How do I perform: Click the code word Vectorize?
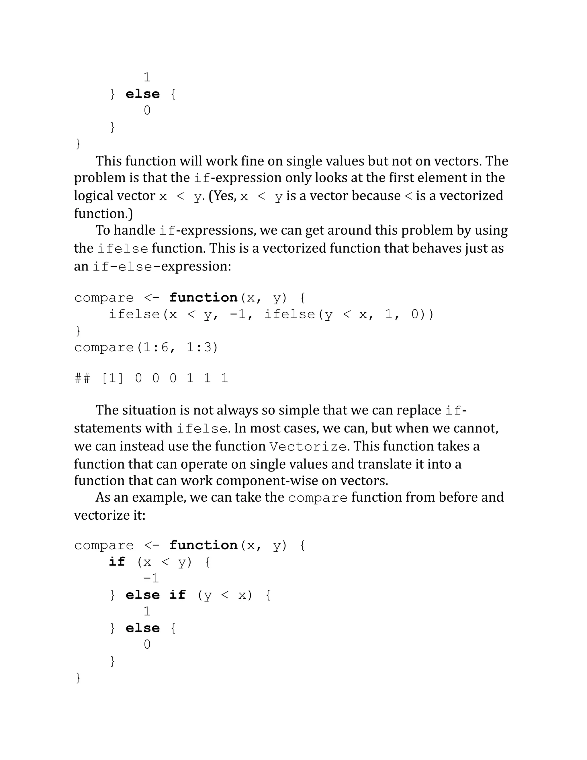(308, 447)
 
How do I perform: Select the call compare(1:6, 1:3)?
(146, 347)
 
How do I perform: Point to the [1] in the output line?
(112, 378)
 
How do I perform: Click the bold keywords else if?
(155, 595)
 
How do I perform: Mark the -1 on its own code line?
(151, 578)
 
